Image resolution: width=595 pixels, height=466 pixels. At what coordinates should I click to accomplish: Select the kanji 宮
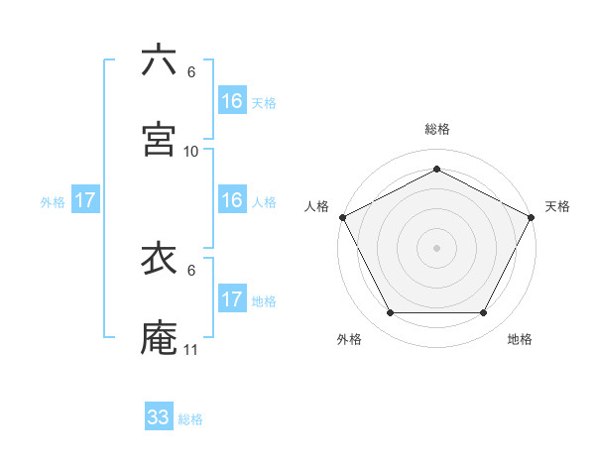159,139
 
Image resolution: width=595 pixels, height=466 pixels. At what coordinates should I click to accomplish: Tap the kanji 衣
159,259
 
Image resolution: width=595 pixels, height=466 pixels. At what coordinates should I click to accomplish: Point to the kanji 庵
159,338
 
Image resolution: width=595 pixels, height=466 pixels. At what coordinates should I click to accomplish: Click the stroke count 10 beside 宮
191,152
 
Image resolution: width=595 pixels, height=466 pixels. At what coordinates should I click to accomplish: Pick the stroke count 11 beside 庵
191,350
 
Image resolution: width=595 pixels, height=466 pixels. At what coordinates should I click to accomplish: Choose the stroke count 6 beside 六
191,72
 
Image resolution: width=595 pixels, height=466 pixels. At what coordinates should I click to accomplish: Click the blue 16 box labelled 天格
232,101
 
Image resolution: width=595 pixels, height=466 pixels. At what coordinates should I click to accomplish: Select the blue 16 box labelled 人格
232,200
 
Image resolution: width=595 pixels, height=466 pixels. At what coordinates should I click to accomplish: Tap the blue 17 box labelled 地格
232,299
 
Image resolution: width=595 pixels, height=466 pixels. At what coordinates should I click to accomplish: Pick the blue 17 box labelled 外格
85,200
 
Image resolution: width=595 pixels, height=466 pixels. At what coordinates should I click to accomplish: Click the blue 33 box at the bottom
159,417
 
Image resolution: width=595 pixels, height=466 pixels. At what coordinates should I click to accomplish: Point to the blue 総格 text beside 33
190,419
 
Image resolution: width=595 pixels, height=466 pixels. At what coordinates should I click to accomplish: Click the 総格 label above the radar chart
436,129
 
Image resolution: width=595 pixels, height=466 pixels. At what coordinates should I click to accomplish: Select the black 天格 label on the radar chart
557,206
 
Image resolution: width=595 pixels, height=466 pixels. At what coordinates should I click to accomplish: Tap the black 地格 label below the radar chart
520,339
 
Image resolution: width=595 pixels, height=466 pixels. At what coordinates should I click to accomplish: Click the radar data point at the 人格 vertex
342,216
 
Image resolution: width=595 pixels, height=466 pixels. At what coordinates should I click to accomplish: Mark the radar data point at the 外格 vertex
390,313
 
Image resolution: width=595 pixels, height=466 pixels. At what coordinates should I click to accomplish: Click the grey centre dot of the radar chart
436,247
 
